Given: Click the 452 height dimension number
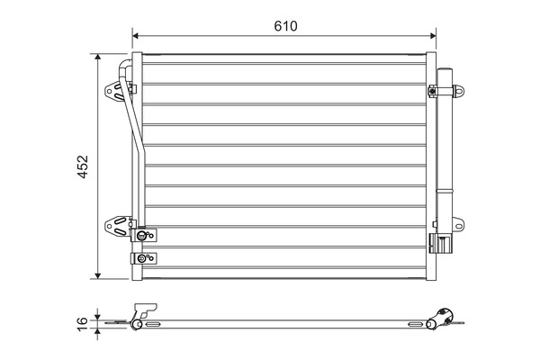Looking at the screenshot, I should (82, 166).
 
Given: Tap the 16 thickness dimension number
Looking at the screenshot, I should (82, 319).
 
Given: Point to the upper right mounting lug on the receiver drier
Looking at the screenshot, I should (461, 90).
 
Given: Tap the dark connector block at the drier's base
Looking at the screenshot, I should (443, 243).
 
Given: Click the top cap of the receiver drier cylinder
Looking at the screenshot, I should (444, 71).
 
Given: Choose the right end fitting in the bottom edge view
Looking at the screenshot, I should (443, 316).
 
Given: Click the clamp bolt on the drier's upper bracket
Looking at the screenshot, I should (434, 90).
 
